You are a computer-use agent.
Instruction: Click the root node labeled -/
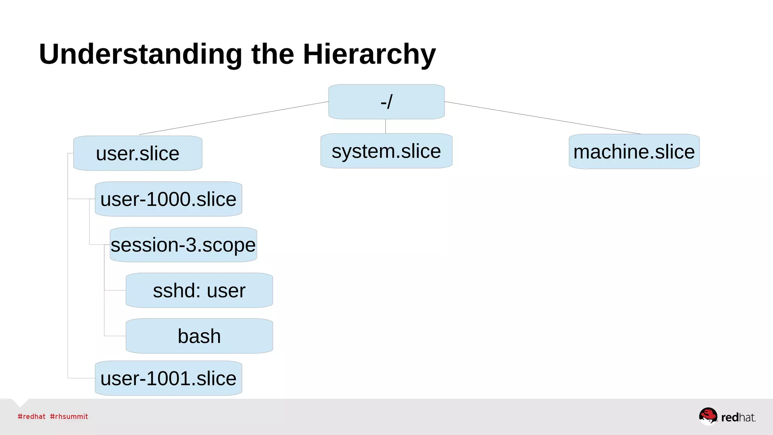(x=386, y=102)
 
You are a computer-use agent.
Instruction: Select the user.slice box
(x=138, y=153)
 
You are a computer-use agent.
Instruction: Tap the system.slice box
(x=386, y=151)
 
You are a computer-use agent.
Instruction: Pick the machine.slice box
(x=634, y=151)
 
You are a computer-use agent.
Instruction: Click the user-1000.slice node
(x=168, y=199)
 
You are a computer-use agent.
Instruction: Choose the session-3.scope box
(x=183, y=245)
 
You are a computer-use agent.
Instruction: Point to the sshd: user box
(x=199, y=290)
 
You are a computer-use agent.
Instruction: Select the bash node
(x=199, y=336)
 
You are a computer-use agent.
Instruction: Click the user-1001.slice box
(x=168, y=378)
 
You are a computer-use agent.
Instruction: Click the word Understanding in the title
(x=140, y=54)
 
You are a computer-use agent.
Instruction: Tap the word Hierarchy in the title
(x=369, y=54)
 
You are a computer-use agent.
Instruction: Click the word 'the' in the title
(x=273, y=54)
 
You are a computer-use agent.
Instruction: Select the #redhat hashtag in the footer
(x=31, y=416)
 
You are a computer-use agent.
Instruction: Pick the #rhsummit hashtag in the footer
(x=69, y=416)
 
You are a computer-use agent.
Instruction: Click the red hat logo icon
(x=708, y=416)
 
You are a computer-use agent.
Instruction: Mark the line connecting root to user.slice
(x=234, y=118)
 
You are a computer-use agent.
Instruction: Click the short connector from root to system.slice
(x=385, y=126)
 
